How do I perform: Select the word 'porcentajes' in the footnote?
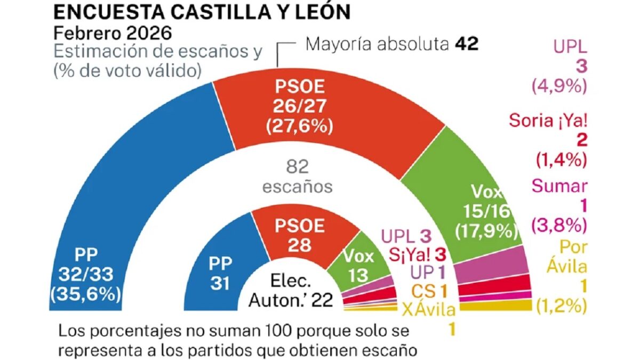pos(127,331)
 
